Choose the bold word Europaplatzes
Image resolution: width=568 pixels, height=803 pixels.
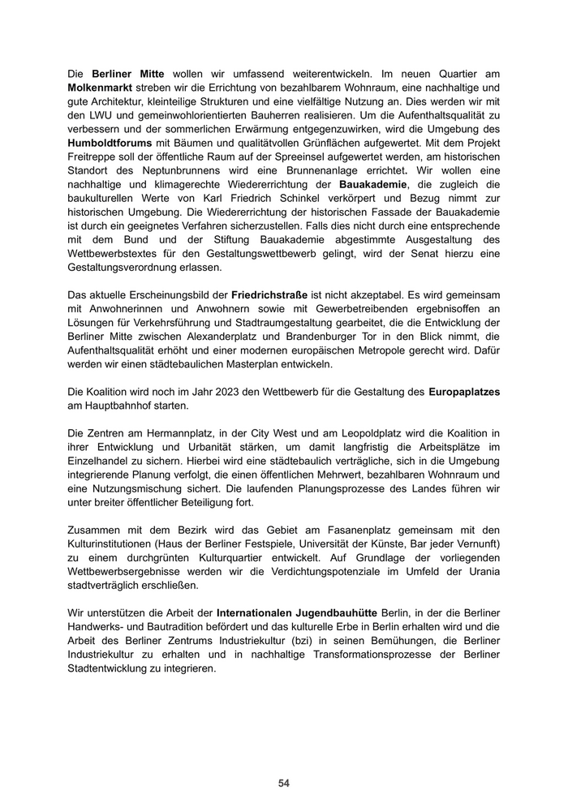point(464,392)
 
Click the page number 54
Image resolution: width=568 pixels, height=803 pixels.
point(284,783)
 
